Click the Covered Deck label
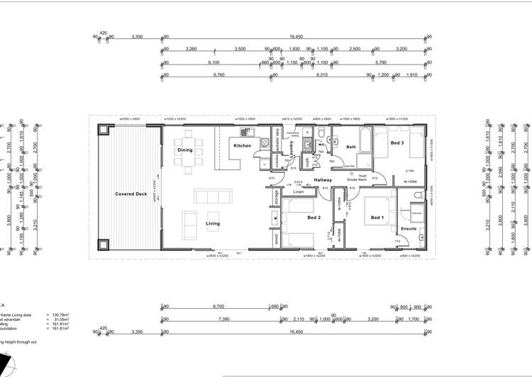(x=131, y=193)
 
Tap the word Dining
(x=184, y=150)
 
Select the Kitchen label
(x=243, y=146)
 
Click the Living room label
(x=213, y=223)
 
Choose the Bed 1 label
(x=377, y=218)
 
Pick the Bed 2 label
(x=314, y=218)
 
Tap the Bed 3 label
(x=397, y=144)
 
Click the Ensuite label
(x=409, y=228)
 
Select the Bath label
(x=351, y=147)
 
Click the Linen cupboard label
(x=299, y=192)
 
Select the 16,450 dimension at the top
(x=296, y=36)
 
